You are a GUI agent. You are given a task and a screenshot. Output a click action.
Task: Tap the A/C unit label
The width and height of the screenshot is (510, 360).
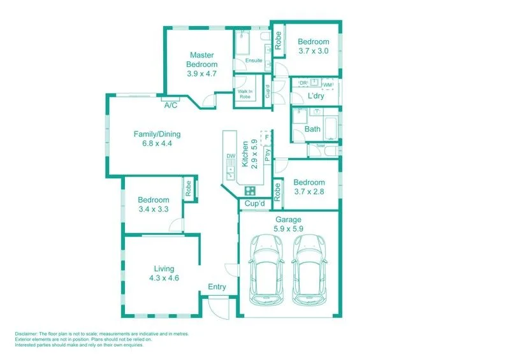click(x=171, y=106)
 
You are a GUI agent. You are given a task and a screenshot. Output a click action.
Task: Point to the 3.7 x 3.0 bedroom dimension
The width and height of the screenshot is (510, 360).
click(x=313, y=52)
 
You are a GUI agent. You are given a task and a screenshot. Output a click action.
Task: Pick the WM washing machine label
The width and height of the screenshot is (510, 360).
click(x=328, y=85)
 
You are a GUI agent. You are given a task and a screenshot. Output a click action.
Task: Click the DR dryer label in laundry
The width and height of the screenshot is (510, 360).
click(x=303, y=84)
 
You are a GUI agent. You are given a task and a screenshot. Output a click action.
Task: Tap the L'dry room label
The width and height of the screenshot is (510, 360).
click(x=316, y=96)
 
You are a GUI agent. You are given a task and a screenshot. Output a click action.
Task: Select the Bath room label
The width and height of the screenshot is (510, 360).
click(x=312, y=129)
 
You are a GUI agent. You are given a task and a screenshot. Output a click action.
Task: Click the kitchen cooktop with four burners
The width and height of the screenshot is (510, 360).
click(x=250, y=190)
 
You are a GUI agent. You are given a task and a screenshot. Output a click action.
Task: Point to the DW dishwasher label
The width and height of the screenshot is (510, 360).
click(x=231, y=156)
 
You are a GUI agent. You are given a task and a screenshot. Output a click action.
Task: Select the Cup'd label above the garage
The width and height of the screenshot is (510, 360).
click(x=254, y=204)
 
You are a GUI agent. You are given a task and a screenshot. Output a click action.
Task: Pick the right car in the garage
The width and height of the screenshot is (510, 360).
click(x=310, y=268)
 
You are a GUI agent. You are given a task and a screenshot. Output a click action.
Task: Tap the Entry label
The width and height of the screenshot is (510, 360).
click(x=217, y=287)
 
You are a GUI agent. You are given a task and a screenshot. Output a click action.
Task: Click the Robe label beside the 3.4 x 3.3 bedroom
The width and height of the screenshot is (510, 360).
click(x=189, y=189)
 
